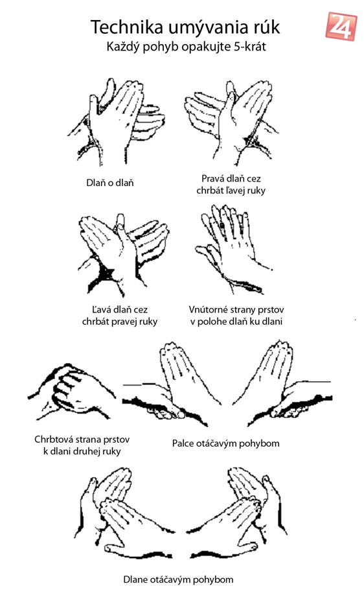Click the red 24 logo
click(341, 27)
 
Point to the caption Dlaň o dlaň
click(109, 183)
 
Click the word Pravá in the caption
click(211, 179)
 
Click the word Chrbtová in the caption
click(53, 439)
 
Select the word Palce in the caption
click(183, 443)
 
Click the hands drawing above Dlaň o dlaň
click(116, 121)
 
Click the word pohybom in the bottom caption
click(213, 580)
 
